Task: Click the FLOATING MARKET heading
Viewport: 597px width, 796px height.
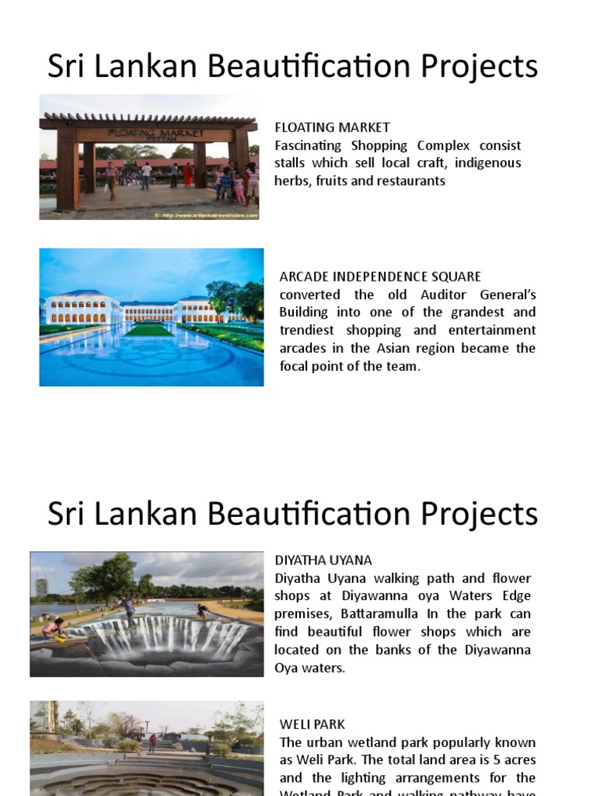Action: pos(332,127)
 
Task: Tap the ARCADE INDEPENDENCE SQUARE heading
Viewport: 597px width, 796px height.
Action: pos(380,277)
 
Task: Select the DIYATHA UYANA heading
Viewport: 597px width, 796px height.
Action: pos(323,560)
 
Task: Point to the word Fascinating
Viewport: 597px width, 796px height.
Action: pos(311,145)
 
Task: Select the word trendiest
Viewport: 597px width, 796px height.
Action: pos(309,330)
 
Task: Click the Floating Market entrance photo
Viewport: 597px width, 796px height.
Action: pos(148,157)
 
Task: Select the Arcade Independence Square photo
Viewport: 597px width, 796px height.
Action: pos(152,317)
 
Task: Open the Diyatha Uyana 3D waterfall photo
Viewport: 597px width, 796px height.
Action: pos(147,614)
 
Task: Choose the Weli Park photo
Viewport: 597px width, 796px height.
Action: pos(147,748)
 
